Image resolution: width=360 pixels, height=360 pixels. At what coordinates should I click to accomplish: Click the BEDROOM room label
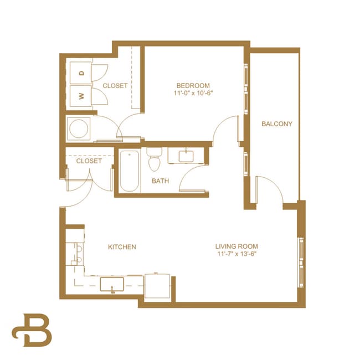[x=193, y=85]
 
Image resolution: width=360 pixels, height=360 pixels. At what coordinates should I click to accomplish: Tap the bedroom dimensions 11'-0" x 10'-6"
[x=193, y=93]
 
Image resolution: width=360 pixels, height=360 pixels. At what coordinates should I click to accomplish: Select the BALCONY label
[x=276, y=124]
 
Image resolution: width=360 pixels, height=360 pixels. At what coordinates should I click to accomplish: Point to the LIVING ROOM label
[x=236, y=246]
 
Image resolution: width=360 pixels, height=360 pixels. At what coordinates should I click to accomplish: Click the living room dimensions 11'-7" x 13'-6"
[x=236, y=254]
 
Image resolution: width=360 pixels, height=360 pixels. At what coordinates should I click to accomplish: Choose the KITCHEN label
[x=122, y=247]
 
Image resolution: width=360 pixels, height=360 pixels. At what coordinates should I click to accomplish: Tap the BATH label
[x=160, y=181]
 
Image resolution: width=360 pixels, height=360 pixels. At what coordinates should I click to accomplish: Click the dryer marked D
[x=81, y=73]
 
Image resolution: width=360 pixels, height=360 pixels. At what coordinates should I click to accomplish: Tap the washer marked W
[x=81, y=96]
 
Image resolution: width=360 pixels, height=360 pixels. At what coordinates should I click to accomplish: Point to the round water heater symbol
[x=79, y=128]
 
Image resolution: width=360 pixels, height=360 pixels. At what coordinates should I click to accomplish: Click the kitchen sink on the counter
[x=113, y=284]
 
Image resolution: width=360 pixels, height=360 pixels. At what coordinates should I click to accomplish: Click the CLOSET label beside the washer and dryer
[x=115, y=86]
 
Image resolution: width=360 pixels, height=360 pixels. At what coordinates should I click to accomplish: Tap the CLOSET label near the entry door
[x=89, y=161]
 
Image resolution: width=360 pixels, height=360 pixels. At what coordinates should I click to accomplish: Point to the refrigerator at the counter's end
[x=157, y=286]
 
